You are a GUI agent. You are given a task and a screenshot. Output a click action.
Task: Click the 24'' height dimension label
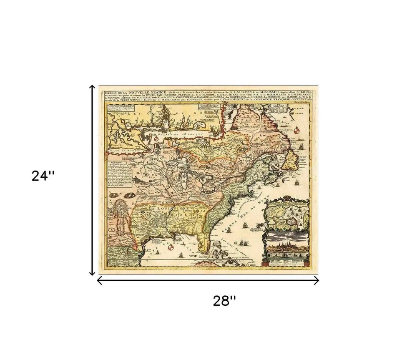pos(43,176)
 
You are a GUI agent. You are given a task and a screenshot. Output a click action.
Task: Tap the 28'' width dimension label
pos(225,301)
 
